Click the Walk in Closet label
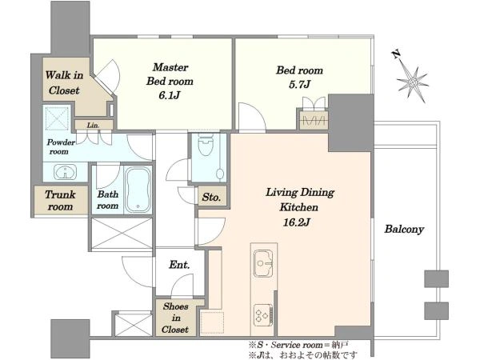[64, 82]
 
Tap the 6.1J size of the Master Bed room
[169, 95]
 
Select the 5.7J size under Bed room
[299, 84]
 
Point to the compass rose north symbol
[412, 82]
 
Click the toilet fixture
[205, 146]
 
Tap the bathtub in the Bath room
[138, 190]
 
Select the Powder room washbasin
[66, 172]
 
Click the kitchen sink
[263, 263]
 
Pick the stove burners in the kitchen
[263, 315]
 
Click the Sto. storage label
[211, 197]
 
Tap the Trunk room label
[60, 201]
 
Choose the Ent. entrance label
[179, 265]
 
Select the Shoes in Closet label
[175, 318]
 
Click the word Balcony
[404, 229]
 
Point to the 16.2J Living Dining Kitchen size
[296, 222]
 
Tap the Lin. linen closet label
[93, 126]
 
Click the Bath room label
[108, 200]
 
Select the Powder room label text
[61, 146]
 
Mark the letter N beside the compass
[396, 54]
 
